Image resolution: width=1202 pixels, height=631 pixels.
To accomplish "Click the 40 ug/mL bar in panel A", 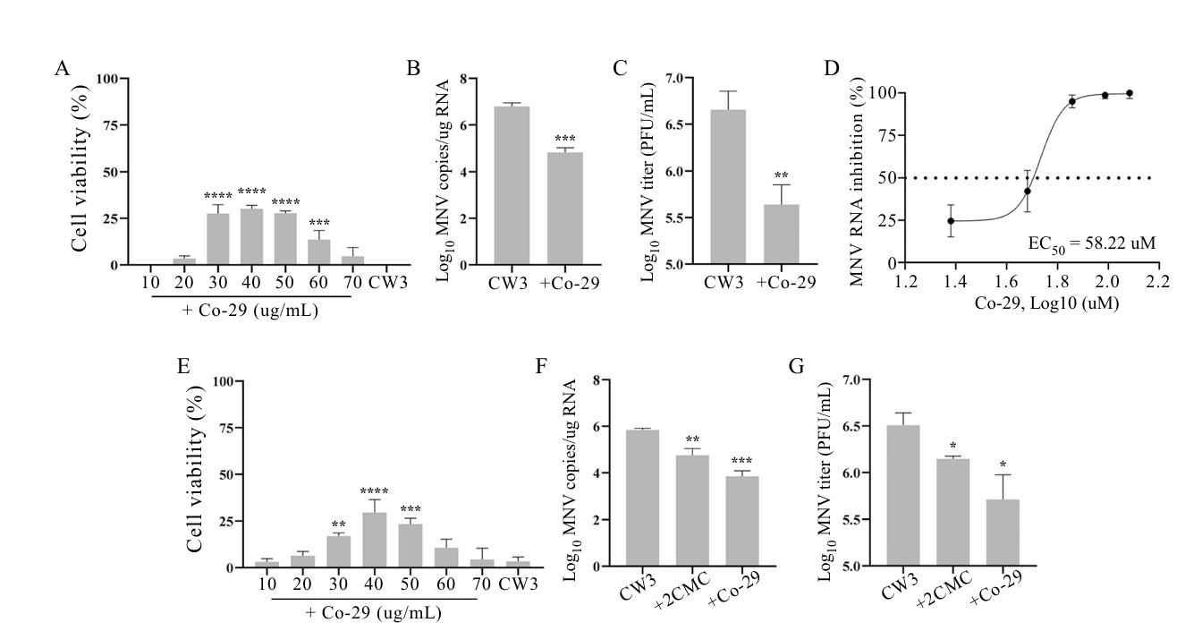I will [x=251, y=237].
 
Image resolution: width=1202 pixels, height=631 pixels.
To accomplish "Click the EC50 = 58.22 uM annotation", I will [x=1081, y=243].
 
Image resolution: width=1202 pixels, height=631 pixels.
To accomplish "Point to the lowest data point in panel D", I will [x=951, y=220].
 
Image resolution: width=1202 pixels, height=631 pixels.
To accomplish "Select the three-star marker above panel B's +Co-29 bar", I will [x=564, y=140].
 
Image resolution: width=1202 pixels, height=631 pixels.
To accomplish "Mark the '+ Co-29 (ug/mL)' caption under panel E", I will [x=373, y=613].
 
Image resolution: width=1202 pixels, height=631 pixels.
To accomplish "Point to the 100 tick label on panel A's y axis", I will [x=106, y=79].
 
